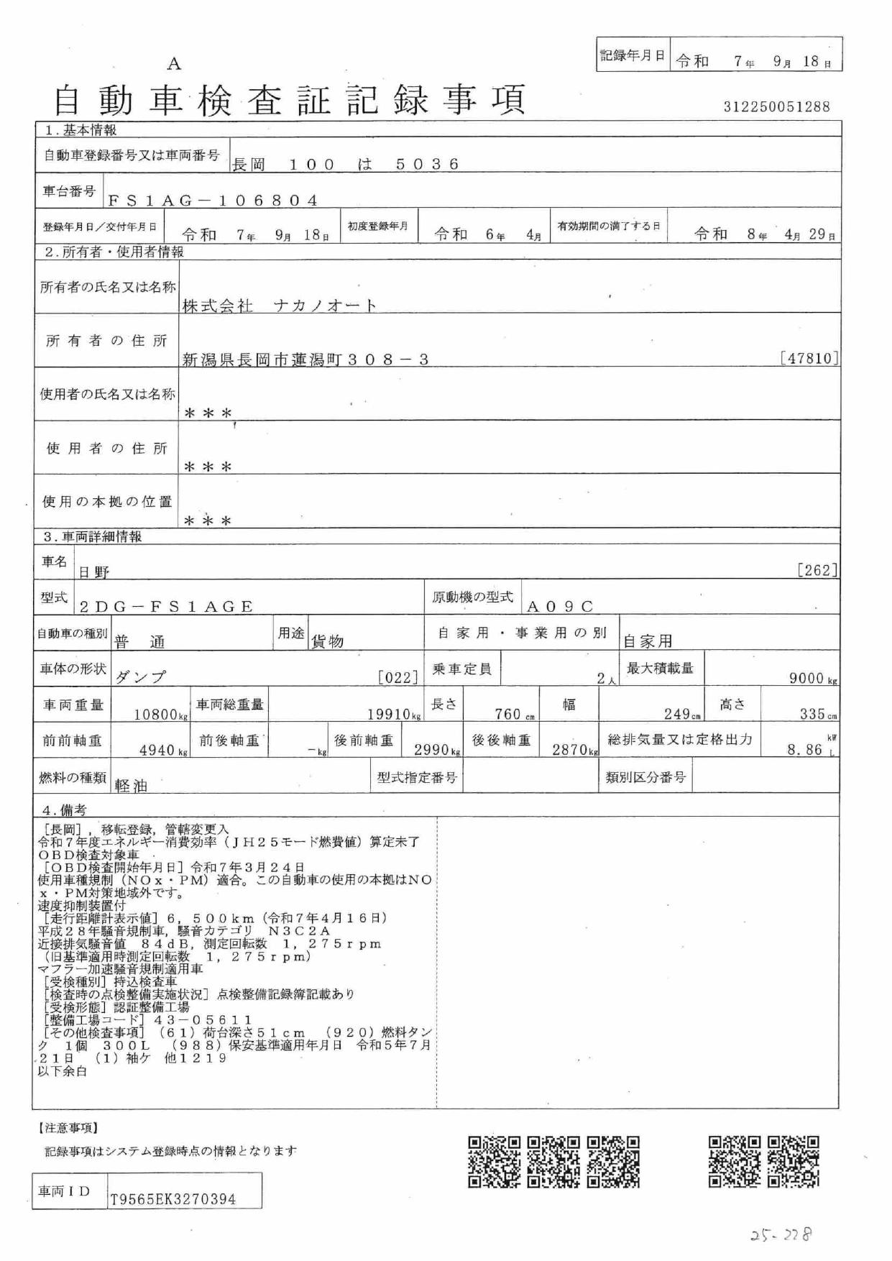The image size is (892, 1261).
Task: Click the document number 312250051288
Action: click(x=776, y=107)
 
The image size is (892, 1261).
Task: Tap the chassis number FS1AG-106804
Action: click(x=213, y=201)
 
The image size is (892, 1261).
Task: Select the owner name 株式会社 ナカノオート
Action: click(x=280, y=306)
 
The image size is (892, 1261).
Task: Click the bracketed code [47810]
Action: click(x=809, y=358)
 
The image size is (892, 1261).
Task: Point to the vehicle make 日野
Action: click(x=94, y=572)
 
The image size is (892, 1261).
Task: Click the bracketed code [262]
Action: click(x=817, y=571)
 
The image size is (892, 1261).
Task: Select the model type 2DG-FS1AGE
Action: click(x=167, y=607)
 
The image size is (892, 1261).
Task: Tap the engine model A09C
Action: click(x=561, y=607)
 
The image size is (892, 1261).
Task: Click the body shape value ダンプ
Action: click(x=141, y=677)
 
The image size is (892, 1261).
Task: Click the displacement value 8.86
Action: click(x=806, y=751)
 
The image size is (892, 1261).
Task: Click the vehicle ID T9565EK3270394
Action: click(x=173, y=1200)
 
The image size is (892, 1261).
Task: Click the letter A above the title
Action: click(x=174, y=65)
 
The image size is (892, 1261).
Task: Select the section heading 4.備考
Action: click(x=65, y=810)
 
